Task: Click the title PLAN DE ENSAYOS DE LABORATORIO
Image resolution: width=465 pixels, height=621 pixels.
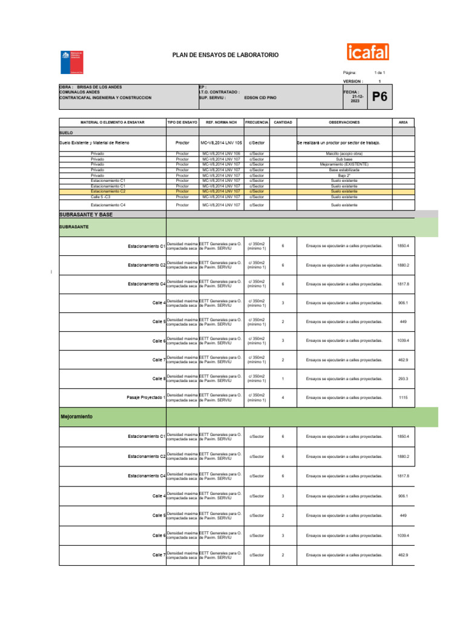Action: (x=226, y=55)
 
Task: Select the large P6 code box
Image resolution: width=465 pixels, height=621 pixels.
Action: (x=380, y=97)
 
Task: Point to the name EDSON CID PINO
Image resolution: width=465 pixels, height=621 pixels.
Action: (x=262, y=97)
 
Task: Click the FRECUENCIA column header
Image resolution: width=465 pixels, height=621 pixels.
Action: (x=257, y=122)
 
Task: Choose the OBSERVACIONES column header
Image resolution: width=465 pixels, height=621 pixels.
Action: (x=345, y=122)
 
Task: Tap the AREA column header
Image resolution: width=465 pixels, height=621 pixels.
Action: (x=403, y=122)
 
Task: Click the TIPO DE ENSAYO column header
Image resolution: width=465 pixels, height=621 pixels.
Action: (x=182, y=122)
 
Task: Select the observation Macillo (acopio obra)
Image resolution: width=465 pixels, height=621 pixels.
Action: (x=344, y=154)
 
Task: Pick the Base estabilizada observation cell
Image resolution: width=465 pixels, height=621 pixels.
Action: (x=344, y=170)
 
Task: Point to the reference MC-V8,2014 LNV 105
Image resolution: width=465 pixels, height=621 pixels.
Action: (x=221, y=143)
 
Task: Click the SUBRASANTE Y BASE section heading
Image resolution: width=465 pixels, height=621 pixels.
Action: (x=86, y=215)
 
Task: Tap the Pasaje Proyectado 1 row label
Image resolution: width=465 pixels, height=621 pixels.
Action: (x=145, y=397)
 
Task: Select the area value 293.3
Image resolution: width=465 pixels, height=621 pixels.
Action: (x=403, y=378)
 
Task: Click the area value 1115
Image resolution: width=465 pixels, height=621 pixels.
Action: (x=403, y=397)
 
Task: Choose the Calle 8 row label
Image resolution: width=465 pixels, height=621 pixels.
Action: (x=159, y=378)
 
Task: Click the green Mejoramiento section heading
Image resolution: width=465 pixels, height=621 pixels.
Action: (x=76, y=417)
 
